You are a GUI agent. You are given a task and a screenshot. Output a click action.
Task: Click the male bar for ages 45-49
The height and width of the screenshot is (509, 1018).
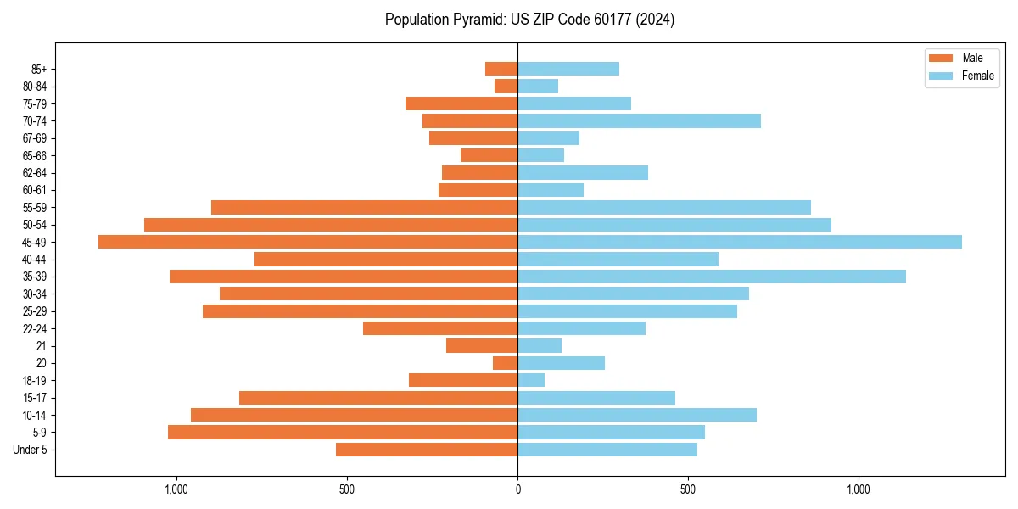coord(308,242)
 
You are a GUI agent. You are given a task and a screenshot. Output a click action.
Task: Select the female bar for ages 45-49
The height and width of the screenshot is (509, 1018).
coord(740,242)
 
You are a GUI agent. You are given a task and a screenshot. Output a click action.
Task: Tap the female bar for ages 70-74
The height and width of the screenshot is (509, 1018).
coord(639,120)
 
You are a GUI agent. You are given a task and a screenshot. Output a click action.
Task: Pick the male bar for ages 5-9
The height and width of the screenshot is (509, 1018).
coord(343,433)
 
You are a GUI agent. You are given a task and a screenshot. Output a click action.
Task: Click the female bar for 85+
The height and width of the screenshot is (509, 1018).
coord(568,69)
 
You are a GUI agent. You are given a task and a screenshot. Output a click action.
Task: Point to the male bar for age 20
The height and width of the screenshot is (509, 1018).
coord(506,363)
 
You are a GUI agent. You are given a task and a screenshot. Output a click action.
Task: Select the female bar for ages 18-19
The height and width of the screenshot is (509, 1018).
coord(531,380)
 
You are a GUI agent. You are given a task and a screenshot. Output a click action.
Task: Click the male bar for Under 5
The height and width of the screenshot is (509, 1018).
coord(427,450)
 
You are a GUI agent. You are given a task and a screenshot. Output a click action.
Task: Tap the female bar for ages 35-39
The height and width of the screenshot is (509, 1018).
coord(712,277)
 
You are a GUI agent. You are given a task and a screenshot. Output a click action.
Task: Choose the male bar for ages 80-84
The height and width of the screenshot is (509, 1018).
coord(506,86)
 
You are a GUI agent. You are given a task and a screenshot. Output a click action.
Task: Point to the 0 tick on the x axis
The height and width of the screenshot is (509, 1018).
coord(517,489)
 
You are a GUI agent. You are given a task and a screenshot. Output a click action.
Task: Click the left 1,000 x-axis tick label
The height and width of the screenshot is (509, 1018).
coord(176,489)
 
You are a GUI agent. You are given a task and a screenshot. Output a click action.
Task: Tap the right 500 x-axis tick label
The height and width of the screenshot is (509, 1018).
coord(688,489)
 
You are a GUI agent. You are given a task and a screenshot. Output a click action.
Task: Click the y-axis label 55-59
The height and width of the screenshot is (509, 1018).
coord(34,207)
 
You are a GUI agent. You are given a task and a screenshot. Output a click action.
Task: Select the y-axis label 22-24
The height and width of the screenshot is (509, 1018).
coord(34,328)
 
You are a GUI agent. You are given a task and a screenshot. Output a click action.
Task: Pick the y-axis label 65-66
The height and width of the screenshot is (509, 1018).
coord(34,155)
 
